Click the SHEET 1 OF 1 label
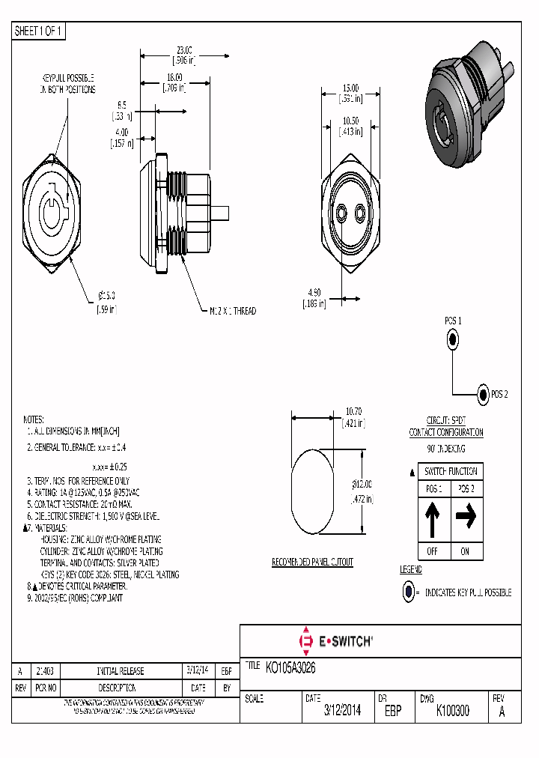click(x=39, y=31)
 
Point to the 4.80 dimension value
click(x=314, y=293)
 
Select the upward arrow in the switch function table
click(x=433, y=521)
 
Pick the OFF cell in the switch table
click(x=433, y=551)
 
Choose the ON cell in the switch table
click(x=466, y=551)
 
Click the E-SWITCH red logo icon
click(x=305, y=641)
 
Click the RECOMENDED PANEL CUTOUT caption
click(x=312, y=562)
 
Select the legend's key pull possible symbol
click(x=408, y=592)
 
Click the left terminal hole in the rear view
click(x=342, y=215)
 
